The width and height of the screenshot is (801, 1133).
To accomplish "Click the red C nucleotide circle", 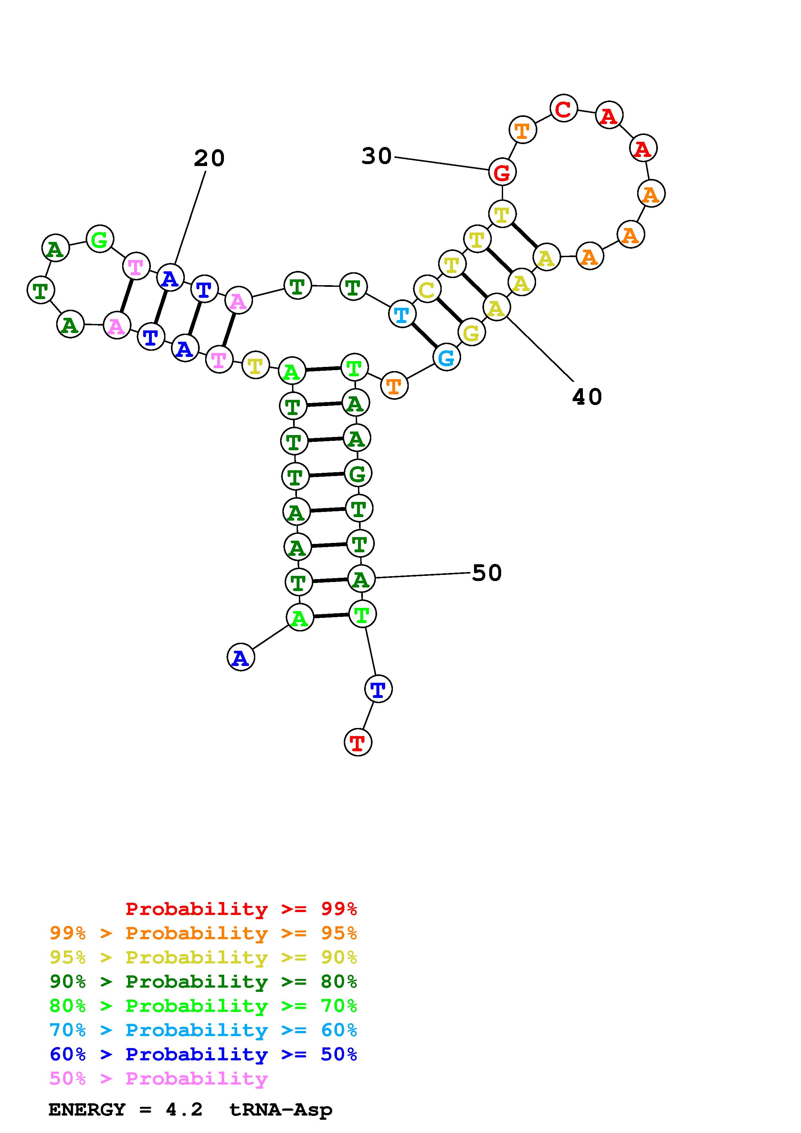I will coord(563,108).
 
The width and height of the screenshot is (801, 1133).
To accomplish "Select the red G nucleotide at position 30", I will coord(502,172).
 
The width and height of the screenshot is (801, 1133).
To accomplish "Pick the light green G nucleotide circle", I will coord(100,239).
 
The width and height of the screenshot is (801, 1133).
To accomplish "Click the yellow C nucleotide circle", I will coord(427,290).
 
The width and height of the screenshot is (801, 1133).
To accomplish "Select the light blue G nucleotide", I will coord(447,357).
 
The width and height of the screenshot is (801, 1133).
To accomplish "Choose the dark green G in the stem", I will coord(357,474).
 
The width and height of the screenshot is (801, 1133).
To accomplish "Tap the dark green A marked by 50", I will coord(361,579).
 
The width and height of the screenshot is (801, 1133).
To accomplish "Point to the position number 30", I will coord(376,156).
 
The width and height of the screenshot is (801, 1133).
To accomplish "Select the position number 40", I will coord(587,397).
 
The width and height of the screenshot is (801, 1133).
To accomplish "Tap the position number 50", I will coord(487,573).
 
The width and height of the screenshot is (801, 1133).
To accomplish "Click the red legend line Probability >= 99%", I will coord(241,909).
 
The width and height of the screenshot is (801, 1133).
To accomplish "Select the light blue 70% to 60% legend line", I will coord(203,1030).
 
